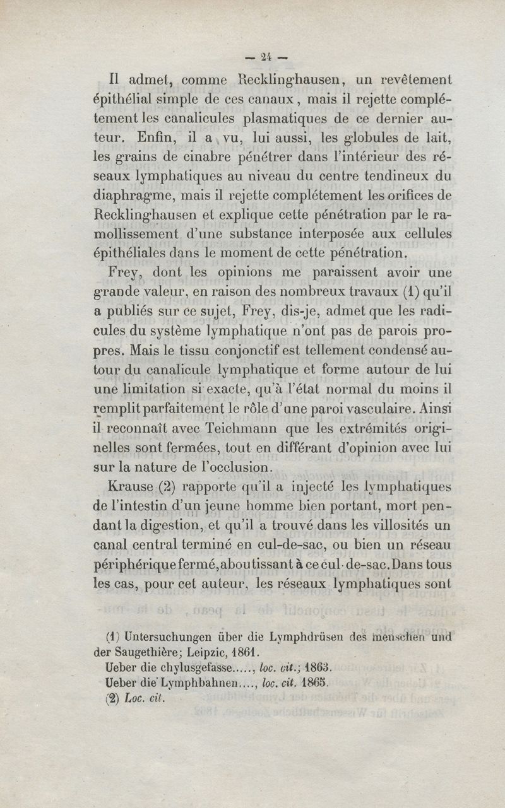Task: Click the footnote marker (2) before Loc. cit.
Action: (x=114, y=698)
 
